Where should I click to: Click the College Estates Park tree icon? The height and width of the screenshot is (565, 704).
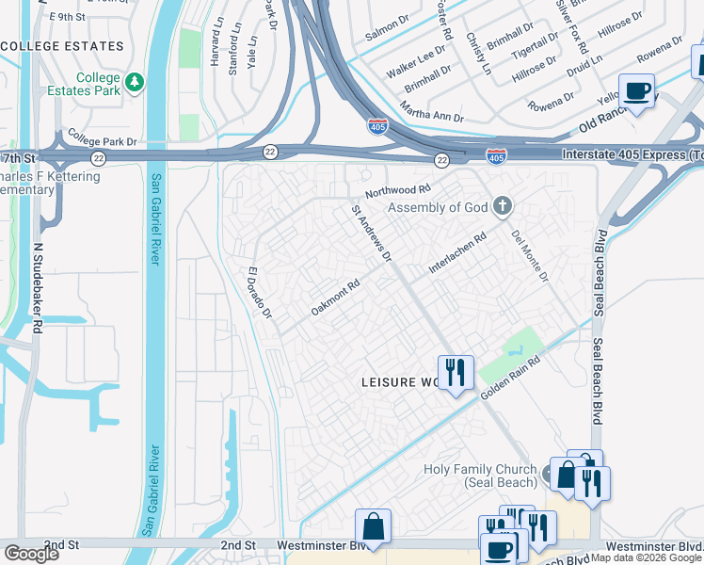pyautogui.click(x=136, y=83)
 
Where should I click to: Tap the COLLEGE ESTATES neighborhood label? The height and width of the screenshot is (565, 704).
pyautogui.click(x=63, y=45)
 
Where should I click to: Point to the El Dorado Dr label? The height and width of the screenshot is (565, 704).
pyautogui.click(x=259, y=293)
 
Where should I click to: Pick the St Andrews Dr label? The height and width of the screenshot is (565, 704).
pyautogui.click(x=371, y=234)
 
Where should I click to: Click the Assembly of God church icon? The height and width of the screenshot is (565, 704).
pyautogui.click(x=503, y=206)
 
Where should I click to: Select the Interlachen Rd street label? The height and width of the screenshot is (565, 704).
pyautogui.click(x=457, y=253)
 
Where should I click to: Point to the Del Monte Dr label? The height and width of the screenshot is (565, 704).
pyautogui.click(x=530, y=255)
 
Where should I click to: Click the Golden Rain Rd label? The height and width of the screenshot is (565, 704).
pyautogui.click(x=513, y=377)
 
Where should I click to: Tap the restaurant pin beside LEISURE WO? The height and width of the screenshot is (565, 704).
pyautogui.click(x=456, y=373)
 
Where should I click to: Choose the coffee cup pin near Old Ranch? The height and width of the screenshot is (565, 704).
pyautogui.click(x=637, y=92)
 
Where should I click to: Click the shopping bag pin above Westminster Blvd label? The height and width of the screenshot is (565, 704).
pyautogui.click(x=374, y=526)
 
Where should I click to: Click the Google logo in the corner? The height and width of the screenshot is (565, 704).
pyautogui.click(x=31, y=554)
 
